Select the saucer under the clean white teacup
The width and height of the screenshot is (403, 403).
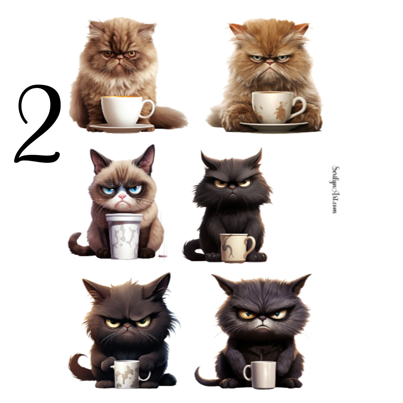(x=121, y=127)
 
